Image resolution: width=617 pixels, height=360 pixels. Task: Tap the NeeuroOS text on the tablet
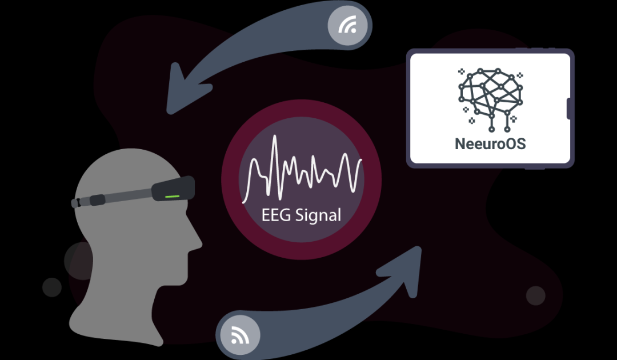coord(490,143)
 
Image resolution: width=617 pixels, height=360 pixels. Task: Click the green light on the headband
coord(173,196)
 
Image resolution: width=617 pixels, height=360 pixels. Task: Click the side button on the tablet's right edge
coord(570,109)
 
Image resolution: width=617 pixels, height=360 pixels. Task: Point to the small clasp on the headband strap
coord(95,199)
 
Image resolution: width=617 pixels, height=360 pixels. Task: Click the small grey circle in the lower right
coord(535,295)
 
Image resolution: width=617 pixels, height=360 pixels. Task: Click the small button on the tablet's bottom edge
coord(534,168)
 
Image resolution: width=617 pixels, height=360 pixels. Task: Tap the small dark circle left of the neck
coord(52,287)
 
